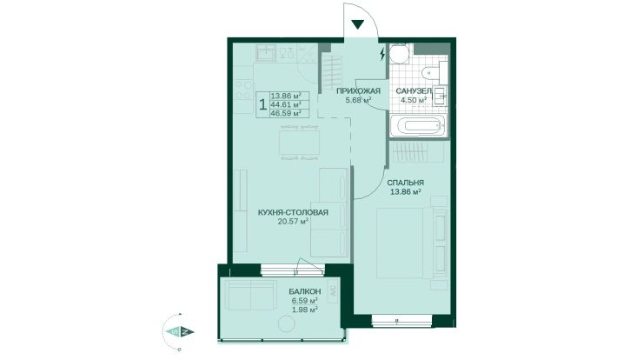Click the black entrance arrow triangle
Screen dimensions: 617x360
pos(357,24)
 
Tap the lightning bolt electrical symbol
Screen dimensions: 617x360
pos(382,54)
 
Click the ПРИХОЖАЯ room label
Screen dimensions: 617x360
pos(358,91)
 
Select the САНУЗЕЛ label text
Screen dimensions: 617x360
pos(413,91)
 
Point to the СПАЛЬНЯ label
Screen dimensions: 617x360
pos(405,183)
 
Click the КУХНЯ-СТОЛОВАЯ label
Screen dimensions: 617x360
pos(293,213)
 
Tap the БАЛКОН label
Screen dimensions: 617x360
pos(304,292)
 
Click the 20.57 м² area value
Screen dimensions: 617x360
pos(293,222)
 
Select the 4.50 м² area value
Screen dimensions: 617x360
pos(413,100)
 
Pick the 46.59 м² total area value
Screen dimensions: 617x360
pos(286,113)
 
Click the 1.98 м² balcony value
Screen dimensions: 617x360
pos(304,310)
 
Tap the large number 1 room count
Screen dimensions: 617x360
pos(262,104)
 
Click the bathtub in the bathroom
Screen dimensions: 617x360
pos(418,126)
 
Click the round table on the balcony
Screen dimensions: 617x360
pos(286,324)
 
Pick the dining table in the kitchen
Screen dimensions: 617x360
pos(300,143)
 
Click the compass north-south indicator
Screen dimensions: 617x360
pos(179,331)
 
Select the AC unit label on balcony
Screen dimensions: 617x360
pos(333,293)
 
